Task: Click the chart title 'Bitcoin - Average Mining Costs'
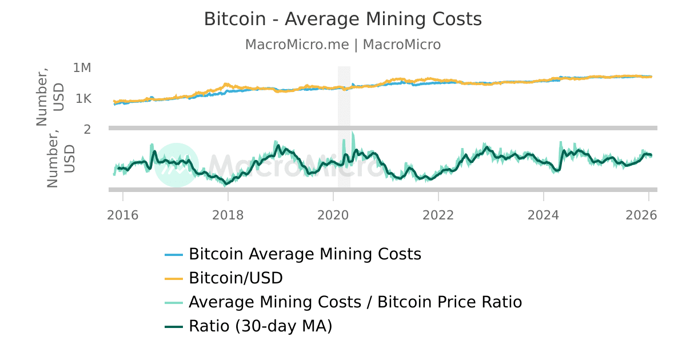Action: tap(343, 19)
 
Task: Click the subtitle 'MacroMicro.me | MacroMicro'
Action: tap(343, 45)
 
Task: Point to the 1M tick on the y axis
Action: tap(82, 68)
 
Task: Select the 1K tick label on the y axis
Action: tap(83, 99)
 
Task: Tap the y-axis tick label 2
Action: tap(87, 129)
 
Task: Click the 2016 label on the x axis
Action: tap(123, 215)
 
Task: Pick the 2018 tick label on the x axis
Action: tap(228, 215)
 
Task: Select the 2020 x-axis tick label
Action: tap(333, 215)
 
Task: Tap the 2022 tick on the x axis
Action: tap(438, 215)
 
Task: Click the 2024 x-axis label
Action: tap(544, 215)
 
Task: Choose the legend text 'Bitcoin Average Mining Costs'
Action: tap(305, 254)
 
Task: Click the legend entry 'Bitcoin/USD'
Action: tap(236, 278)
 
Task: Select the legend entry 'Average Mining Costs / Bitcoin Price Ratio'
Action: tap(355, 302)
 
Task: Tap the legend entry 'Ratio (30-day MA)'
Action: tap(260, 327)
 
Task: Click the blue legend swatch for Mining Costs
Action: tap(174, 254)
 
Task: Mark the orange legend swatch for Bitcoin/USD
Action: tap(174, 279)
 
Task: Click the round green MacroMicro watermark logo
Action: tap(177, 165)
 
